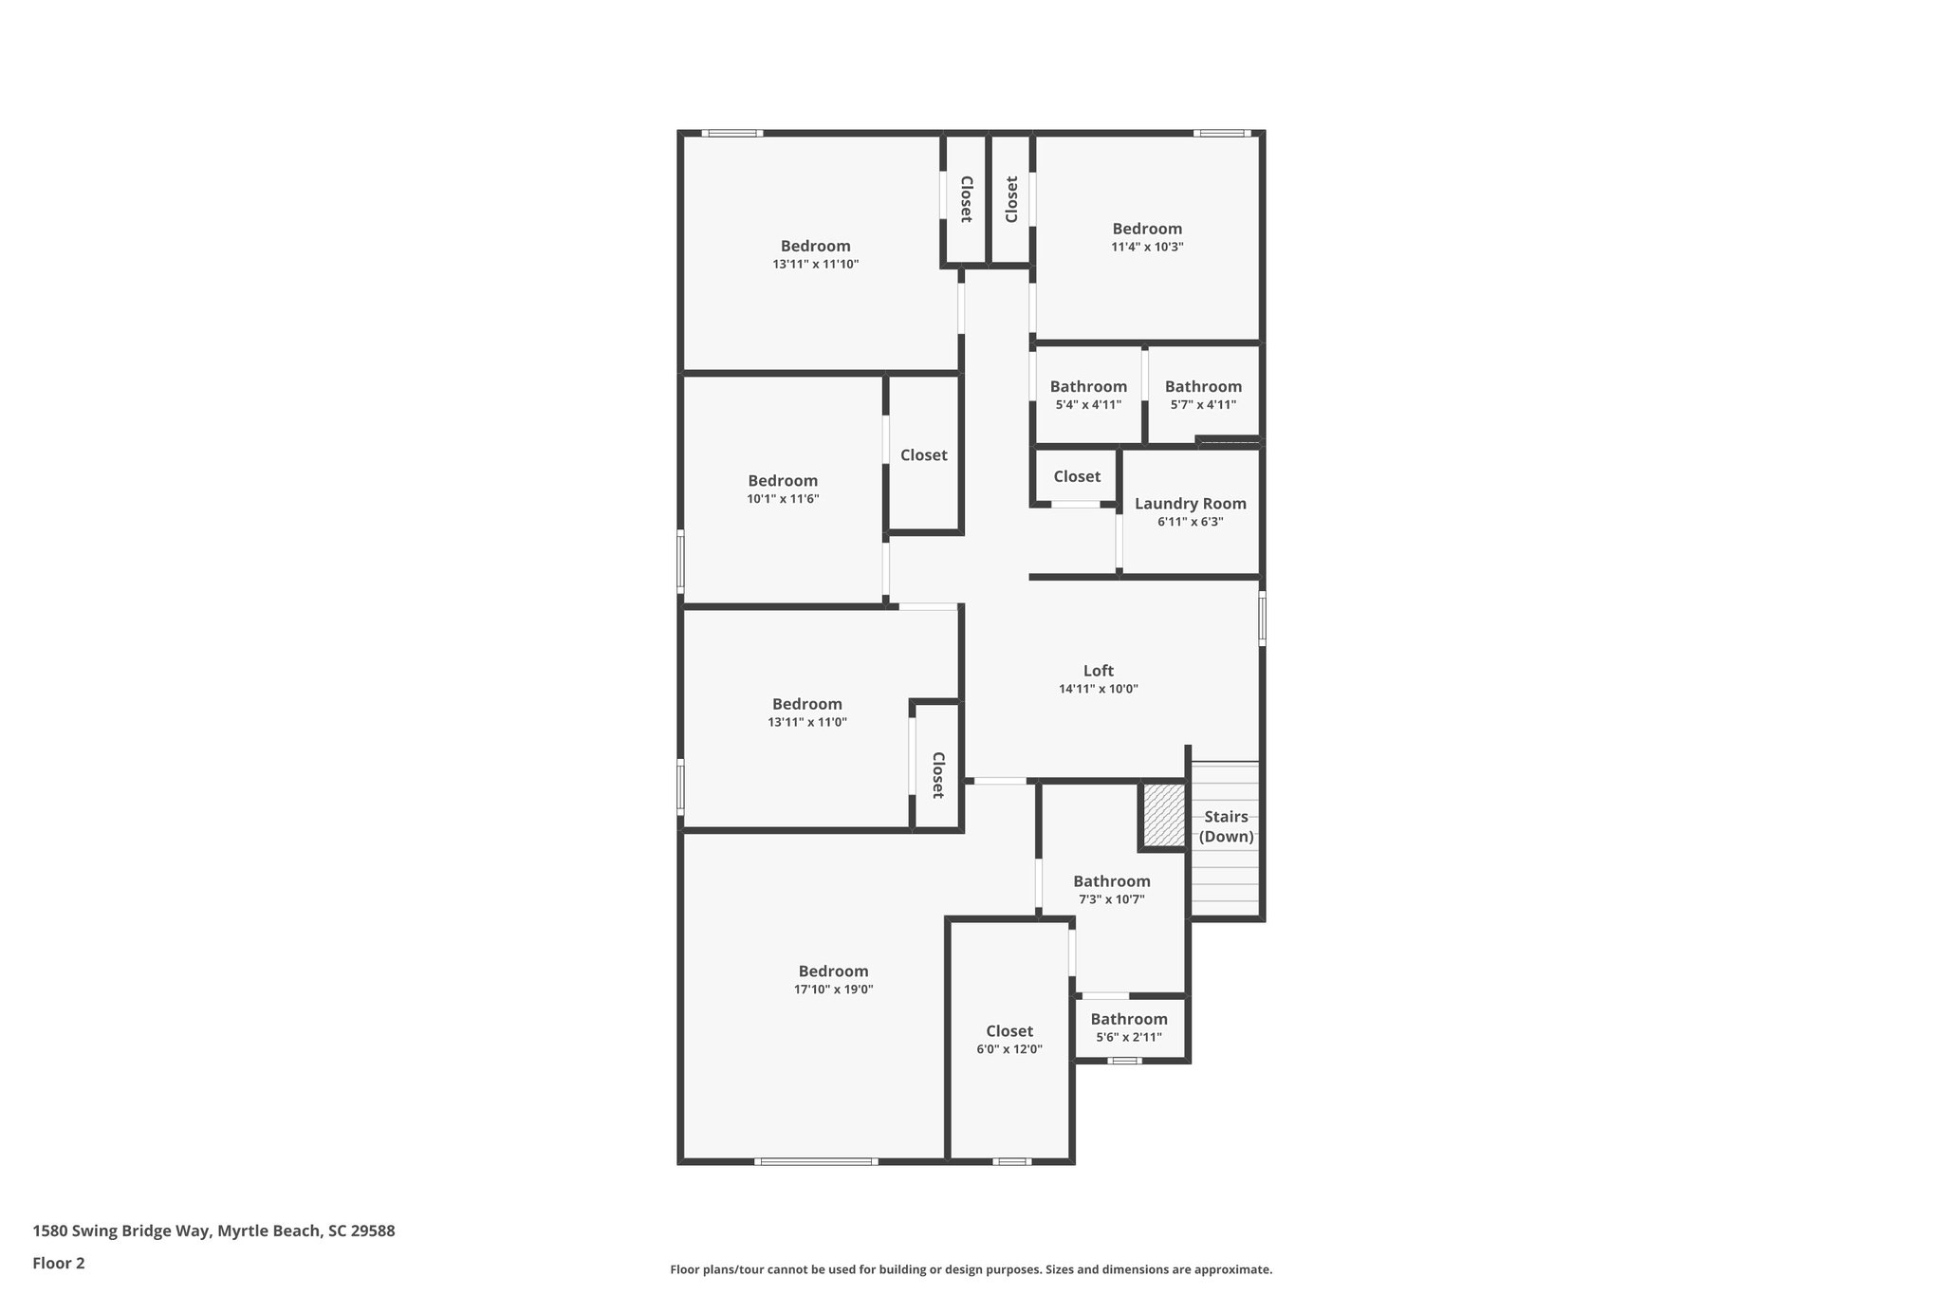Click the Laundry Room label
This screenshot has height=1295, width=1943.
[1190, 504]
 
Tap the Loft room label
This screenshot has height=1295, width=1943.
[1098, 671]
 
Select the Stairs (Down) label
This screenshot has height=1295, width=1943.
[1226, 826]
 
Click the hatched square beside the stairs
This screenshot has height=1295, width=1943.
[1163, 815]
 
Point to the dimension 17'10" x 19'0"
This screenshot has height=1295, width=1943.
[833, 990]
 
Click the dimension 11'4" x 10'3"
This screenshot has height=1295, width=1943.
[1147, 247]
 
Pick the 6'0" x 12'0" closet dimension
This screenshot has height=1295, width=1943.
[1009, 1049]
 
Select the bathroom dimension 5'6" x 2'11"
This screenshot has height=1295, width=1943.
[1128, 1037]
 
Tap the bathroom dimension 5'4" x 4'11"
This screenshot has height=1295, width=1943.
[1088, 404]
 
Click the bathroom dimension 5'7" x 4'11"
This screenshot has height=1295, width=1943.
[1203, 404]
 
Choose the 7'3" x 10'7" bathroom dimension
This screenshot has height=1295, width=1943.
[1111, 899]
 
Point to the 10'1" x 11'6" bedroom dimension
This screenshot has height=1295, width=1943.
[783, 498]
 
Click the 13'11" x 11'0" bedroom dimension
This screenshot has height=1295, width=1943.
[806, 722]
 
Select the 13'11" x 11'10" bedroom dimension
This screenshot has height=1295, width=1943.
[815, 265]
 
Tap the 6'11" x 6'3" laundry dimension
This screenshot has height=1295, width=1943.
[1190, 522]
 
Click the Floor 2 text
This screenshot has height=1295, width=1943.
[59, 1263]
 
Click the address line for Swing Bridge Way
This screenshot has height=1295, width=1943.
[213, 1231]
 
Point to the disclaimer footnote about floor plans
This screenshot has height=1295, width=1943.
[971, 1269]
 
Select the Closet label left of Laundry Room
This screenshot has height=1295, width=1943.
[1077, 476]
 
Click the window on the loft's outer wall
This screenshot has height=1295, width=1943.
[1262, 620]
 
